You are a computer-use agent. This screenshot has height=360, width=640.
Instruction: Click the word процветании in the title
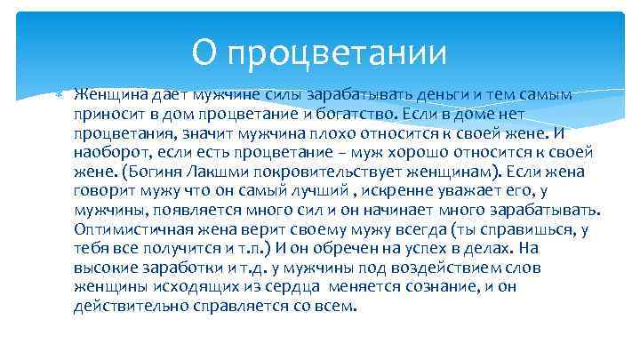coord(337,54)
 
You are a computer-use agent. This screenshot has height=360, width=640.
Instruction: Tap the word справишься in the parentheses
coord(525,229)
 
